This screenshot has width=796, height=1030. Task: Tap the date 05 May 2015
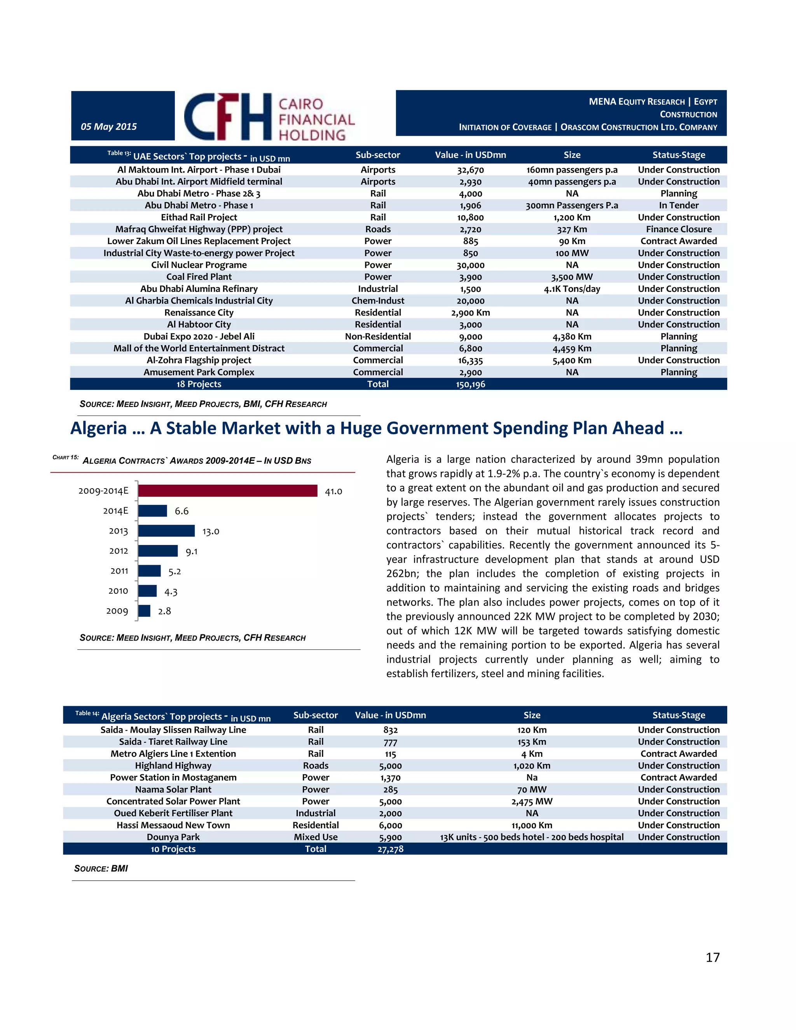pos(109,126)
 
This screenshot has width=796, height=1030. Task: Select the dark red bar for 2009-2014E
pos(228,491)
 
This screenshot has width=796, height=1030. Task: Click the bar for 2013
pos(166,531)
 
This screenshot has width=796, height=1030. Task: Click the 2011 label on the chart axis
pos(119,571)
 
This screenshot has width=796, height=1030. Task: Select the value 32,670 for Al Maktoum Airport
pos(470,170)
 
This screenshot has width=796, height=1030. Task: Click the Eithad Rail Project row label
pos(199,217)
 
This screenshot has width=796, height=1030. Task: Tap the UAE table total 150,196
pos(470,384)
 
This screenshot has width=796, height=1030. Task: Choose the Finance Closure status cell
pos(679,229)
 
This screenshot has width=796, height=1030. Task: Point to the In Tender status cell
pos(679,205)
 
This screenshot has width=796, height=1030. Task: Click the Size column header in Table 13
pos(572,155)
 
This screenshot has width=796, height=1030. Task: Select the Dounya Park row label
pos(173,837)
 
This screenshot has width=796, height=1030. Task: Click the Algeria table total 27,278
pos(391,849)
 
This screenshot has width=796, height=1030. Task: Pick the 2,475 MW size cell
pos(532,801)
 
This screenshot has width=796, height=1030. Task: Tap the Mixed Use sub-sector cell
pos(316,837)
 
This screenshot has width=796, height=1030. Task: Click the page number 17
pos(712,957)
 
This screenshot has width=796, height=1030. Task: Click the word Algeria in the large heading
pos(99,428)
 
